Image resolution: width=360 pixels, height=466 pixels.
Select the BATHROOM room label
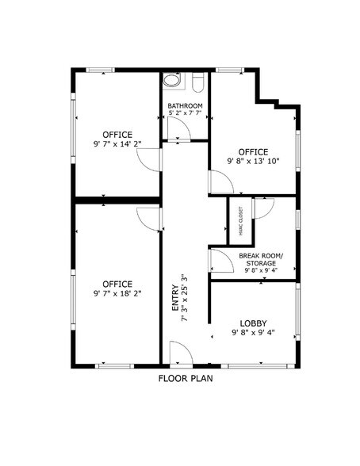point(185,105)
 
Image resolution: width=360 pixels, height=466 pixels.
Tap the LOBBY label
point(254,323)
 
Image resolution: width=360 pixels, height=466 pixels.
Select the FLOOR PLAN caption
point(185,378)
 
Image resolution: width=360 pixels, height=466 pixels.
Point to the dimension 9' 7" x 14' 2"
point(117,145)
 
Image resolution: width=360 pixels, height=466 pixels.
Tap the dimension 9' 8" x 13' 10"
point(253,162)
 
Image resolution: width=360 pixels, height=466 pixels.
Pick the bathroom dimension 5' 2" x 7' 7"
point(185,114)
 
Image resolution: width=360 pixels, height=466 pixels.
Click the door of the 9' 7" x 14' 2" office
point(150,159)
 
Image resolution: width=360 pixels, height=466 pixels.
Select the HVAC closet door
point(262,208)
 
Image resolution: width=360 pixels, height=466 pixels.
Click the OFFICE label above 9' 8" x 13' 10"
point(253,151)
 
